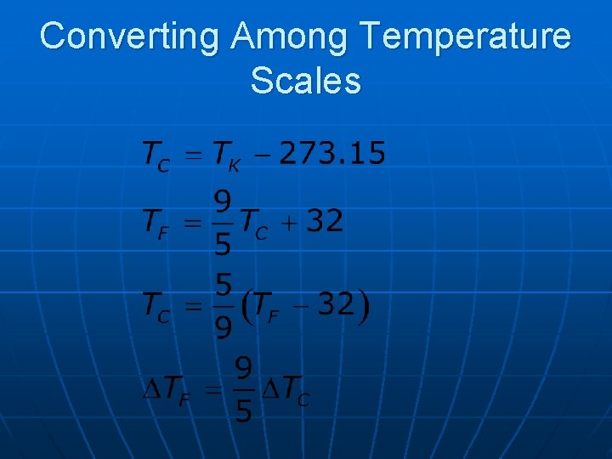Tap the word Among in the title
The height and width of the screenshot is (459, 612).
coord(290,37)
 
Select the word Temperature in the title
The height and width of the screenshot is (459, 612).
coord(465,37)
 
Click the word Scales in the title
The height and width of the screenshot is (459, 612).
coord(306,81)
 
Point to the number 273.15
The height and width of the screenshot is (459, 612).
coord(332,154)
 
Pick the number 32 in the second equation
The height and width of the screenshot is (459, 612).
coord(325,222)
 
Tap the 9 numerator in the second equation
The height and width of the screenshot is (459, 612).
coord(222,202)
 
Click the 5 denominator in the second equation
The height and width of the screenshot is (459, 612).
coord(222,246)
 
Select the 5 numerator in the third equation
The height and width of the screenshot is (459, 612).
coord(222,283)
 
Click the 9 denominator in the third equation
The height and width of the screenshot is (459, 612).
coord(222,327)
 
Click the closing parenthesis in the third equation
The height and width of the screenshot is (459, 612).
coord(363,305)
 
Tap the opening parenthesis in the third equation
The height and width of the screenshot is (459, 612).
coord(248,305)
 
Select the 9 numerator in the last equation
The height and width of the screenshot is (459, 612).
coord(242,369)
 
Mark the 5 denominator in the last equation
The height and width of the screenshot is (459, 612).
coord(242,412)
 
